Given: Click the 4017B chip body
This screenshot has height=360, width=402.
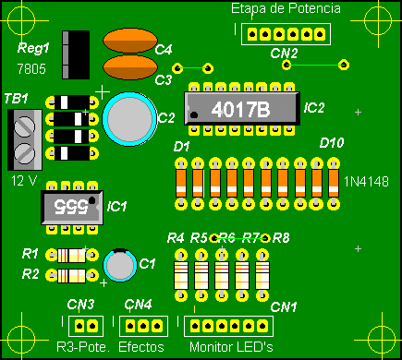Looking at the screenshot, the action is pyautogui.click(x=242, y=108).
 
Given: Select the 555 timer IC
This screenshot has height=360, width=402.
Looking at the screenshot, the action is pyautogui.click(x=72, y=208).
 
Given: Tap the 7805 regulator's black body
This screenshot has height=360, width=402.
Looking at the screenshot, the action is pyautogui.click(x=76, y=54).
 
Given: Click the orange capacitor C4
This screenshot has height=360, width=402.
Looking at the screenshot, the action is pyautogui.click(x=130, y=41).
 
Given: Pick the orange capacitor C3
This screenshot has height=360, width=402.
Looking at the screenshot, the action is pyautogui.click(x=130, y=67).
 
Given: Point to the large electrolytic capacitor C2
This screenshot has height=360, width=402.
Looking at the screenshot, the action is pyautogui.click(x=129, y=119).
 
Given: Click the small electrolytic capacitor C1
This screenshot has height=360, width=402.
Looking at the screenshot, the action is pyautogui.click(x=120, y=265).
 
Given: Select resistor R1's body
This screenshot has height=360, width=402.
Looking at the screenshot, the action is pyautogui.click(x=72, y=256).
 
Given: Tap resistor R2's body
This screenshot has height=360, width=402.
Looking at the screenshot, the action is pyautogui.click(x=72, y=276).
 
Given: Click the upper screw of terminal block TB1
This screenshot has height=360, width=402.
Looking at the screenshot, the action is pyautogui.click(x=25, y=126).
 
